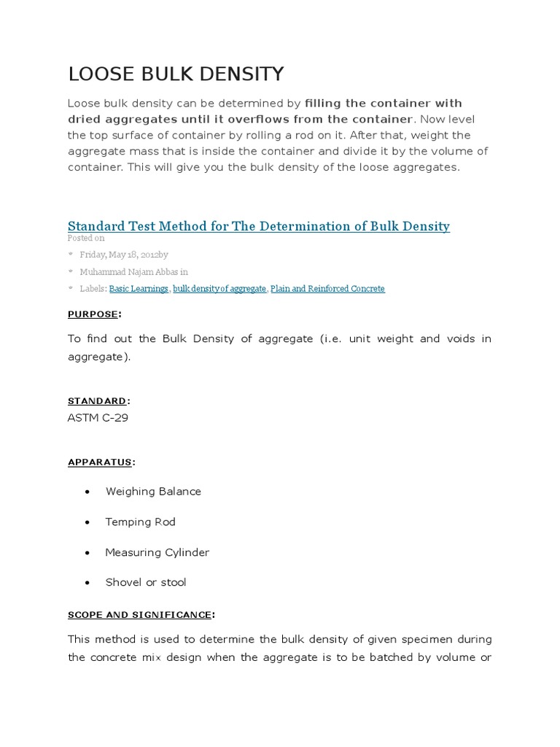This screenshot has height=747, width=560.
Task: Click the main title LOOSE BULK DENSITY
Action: click(x=176, y=74)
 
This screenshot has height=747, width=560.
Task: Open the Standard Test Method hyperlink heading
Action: click(x=258, y=226)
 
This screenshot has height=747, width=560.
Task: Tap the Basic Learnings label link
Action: click(x=139, y=289)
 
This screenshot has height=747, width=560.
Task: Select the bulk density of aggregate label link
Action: click(x=219, y=289)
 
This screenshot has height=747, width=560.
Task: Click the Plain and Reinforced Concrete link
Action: click(x=327, y=289)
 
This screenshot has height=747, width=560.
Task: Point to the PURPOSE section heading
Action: click(x=93, y=314)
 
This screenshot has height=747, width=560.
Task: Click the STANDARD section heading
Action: click(x=97, y=400)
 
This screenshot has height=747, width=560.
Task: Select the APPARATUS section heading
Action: click(x=100, y=462)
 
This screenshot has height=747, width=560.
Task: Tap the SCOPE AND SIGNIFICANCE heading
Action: click(x=139, y=614)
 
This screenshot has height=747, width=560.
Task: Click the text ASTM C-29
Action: click(x=98, y=417)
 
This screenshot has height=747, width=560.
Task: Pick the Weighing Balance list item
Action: click(x=153, y=492)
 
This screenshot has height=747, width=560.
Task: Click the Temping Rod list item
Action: click(x=140, y=522)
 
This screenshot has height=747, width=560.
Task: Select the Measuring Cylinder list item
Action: click(x=157, y=552)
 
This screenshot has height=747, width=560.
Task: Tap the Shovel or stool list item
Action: click(x=146, y=582)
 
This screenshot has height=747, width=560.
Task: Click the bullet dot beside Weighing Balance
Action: click(x=87, y=492)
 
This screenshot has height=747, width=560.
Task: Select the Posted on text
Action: click(x=86, y=238)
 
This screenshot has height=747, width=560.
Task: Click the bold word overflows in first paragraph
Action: click(x=238, y=119)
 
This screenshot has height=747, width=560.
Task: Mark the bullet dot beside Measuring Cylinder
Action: click(x=87, y=553)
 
